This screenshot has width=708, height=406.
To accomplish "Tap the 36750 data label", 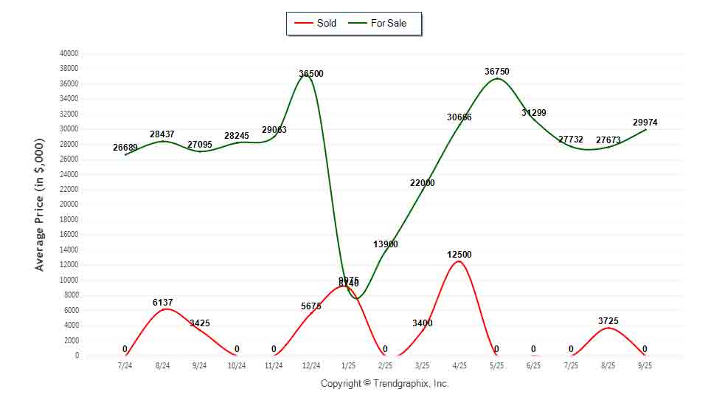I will pos(496,72).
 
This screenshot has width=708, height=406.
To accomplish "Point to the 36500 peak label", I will pos(310,74).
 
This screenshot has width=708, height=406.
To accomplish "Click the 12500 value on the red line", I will pos(459,255).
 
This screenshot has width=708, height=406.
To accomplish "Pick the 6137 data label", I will pos(162,302).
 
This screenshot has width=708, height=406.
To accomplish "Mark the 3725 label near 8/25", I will pos(608,320).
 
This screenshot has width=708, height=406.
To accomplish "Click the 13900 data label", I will pos(385,244).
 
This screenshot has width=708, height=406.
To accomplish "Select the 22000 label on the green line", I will pos(422,182).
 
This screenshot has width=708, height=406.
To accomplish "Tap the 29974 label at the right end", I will pos(645,122).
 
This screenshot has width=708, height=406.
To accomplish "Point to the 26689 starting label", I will pos(125,147).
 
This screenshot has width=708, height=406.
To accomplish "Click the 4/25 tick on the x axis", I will pos(459,365).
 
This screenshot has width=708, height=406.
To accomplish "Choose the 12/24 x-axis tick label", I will pos(310,365).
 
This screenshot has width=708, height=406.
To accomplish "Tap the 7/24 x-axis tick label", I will pos(125,365).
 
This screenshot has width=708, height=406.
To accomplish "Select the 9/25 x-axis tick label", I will pos(645,365).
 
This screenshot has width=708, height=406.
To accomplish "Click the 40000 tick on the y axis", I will pos(69,53).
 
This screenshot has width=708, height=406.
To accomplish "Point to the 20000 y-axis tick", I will pos(69,204).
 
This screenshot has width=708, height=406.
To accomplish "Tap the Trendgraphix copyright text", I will pos(384,383).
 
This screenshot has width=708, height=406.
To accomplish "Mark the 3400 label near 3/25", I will pos(422,323).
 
